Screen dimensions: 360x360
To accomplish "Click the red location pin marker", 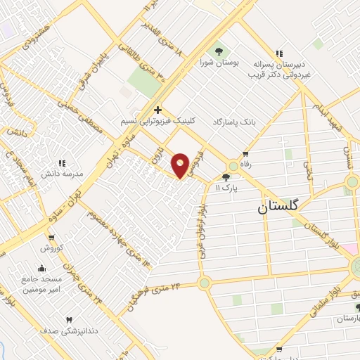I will click(181, 165).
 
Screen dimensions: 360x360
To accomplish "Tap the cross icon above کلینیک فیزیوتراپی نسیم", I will click(157, 110).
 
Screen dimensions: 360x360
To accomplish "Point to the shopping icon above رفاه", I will click(245, 154).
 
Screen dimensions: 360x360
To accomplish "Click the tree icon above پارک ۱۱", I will click(226, 177).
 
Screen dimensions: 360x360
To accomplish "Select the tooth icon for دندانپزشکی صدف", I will click(69, 321).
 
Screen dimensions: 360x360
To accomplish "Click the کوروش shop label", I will click(51, 247).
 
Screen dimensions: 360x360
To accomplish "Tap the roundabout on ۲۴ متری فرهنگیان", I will click(204, 283).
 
